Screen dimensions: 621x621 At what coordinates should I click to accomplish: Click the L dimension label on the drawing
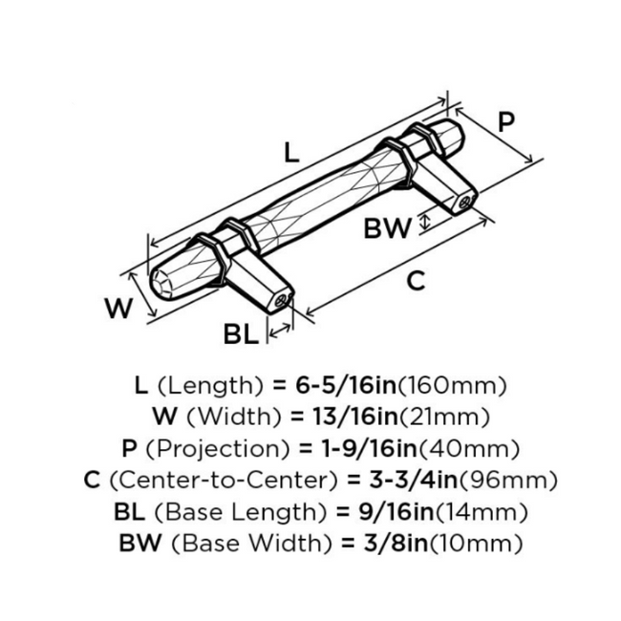(292, 151)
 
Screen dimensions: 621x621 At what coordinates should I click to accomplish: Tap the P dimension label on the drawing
(506, 121)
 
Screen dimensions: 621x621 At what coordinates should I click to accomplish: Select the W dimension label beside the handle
(117, 309)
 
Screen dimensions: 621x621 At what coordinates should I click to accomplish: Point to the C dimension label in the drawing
(416, 280)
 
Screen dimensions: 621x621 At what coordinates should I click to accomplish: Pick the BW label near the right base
(387, 227)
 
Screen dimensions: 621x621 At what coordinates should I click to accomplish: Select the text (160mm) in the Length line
(449, 386)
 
